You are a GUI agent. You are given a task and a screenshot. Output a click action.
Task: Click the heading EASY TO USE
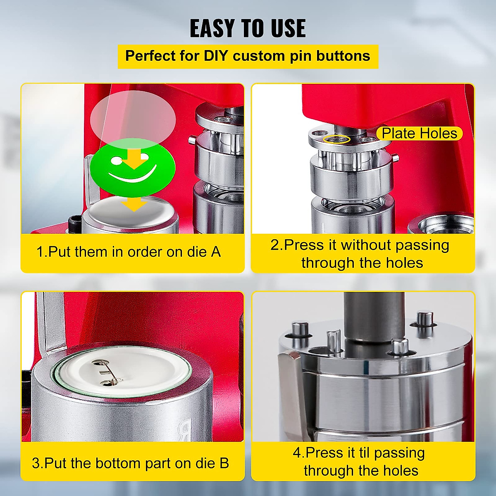[248, 29]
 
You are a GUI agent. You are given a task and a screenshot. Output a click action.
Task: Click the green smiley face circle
[133, 167]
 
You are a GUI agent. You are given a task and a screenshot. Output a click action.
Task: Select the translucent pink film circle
[133, 118]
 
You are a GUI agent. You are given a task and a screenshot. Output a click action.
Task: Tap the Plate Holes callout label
[419, 134]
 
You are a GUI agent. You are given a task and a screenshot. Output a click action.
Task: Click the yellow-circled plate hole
[337, 139]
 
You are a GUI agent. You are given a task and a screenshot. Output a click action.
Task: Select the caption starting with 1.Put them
[129, 252]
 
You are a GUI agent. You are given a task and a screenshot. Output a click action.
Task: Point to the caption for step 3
[130, 463]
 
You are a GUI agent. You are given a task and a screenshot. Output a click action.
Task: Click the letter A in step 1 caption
[215, 252]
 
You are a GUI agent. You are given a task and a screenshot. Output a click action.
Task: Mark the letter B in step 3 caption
[224, 463]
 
